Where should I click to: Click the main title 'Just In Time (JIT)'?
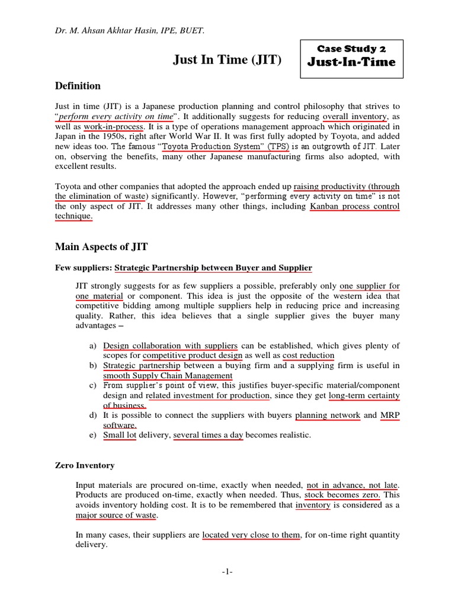click(226, 60)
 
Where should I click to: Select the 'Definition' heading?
click(78, 86)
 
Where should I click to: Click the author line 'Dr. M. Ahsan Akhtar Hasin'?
click(129, 31)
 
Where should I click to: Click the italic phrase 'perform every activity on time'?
click(116, 117)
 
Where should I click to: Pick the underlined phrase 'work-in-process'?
click(113, 127)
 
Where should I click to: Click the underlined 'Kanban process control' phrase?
click(355, 206)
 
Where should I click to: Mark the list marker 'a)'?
click(92, 345)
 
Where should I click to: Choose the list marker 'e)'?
click(92, 435)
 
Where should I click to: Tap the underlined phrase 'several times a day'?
click(208, 435)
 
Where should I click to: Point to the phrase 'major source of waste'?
click(116, 515)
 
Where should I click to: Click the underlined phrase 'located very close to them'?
click(251, 535)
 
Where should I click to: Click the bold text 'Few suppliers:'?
click(82, 268)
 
